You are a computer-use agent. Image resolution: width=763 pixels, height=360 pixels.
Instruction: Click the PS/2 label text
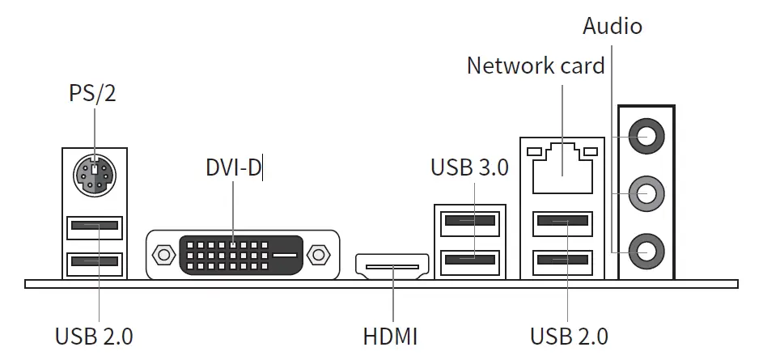[92, 93]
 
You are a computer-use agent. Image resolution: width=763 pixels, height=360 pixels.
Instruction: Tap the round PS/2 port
[95, 175]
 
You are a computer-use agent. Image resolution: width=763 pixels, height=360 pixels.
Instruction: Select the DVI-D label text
[233, 168]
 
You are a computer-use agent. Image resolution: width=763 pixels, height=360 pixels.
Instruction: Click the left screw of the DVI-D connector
[163, 255]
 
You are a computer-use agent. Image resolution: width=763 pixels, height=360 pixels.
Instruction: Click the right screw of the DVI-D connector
[320, 255]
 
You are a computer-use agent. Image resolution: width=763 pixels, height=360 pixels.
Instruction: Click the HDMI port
[392, 265]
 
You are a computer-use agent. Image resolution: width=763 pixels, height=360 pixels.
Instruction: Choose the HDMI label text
[392, 334]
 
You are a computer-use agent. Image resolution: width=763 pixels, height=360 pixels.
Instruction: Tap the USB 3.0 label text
[469, 167]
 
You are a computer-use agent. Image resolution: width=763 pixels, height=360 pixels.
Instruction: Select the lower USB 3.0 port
[469, 260]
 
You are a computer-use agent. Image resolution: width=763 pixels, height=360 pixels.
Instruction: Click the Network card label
[536, 66]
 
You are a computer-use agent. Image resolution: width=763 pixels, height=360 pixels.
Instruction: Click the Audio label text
[613, 26]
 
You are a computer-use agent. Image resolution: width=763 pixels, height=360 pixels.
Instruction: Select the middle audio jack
[646, 193]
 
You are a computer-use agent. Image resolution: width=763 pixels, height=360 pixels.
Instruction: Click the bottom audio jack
[646, 252]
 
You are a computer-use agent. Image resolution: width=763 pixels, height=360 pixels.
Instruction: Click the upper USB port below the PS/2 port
[95, 225]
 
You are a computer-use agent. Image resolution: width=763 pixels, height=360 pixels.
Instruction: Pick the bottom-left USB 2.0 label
[95, 334]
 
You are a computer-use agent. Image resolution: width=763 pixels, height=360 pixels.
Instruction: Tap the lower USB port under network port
[563, 260]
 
